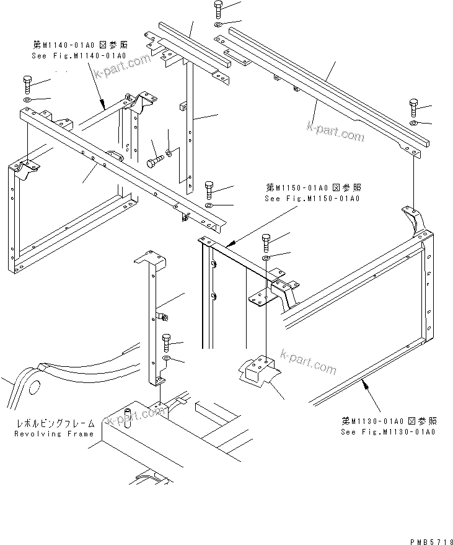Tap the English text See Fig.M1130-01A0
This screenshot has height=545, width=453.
(388, 432)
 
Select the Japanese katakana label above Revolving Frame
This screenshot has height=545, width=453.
(56, 423)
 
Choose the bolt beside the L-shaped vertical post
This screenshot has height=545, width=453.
(167, 342)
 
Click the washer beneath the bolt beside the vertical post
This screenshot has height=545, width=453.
(167, 360)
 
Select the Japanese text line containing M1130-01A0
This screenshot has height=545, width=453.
(388, 421)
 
